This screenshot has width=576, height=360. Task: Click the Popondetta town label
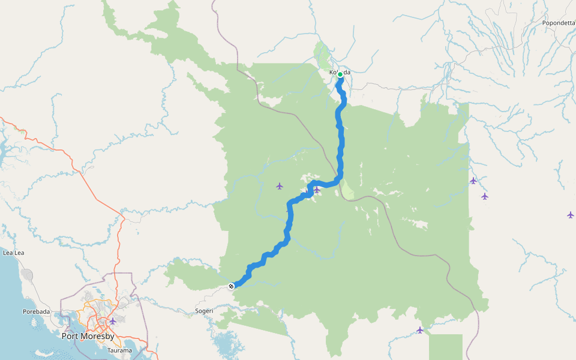click(559, 23)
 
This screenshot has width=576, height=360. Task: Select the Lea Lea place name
click(13, 253)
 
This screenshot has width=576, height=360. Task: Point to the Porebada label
click(37, 311)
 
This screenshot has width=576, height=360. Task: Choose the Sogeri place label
click(204, 311)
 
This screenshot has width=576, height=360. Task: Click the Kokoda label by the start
click(340, 73)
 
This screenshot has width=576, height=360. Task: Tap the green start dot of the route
click(340, 74)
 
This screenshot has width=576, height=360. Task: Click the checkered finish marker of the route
click(231, 286)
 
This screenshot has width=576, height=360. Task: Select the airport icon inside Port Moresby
click(112, 321)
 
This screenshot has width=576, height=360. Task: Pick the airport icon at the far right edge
click(570, 215)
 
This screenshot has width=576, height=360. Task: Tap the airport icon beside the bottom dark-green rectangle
click(420, 330)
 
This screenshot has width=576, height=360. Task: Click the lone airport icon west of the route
click(279, 186)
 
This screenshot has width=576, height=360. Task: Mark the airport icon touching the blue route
click(316, 190)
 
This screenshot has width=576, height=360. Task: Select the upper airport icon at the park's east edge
click(473, 181)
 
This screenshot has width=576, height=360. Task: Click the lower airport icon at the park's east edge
click(484, 196)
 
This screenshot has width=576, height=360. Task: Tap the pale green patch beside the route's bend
click(347, 191)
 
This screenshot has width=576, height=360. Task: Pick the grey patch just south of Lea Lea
click(27, 275)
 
